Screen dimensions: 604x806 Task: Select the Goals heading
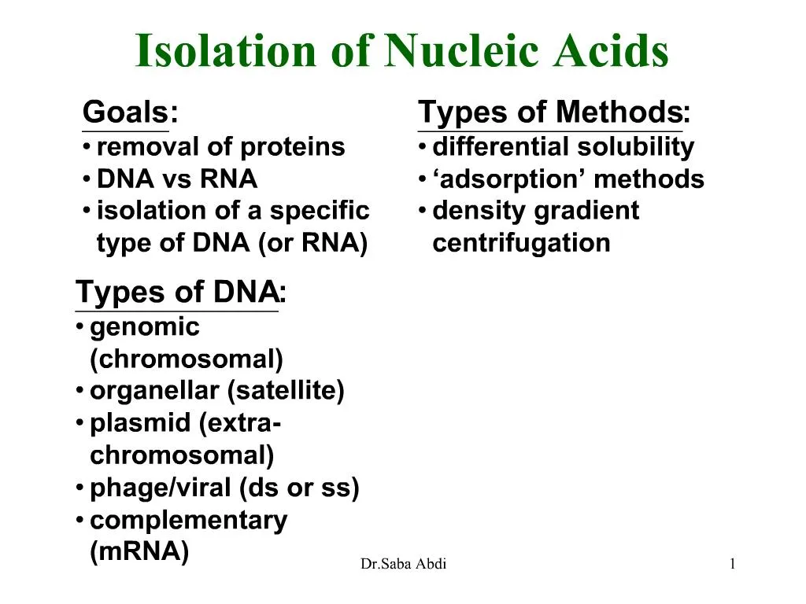coord(126,113)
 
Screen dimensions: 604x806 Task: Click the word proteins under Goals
coord(292,147)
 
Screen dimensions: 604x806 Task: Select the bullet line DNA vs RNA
coord(176,179)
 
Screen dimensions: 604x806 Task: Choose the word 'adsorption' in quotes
coord(509,179)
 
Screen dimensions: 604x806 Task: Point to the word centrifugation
coord(521,243)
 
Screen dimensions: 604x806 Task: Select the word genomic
coord(145,327)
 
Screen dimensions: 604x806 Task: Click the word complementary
coord(189,521)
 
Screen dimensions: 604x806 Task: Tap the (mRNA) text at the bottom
coord(140,552)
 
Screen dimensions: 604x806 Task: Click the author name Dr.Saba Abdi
coord(403,564)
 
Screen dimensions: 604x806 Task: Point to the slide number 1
coord(732,564)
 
